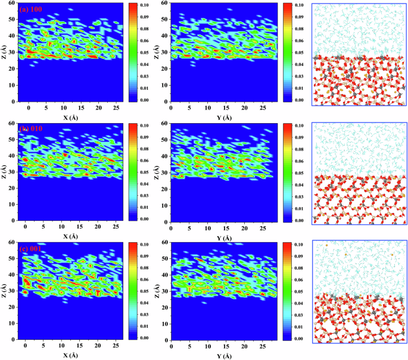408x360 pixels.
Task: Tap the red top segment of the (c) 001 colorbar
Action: [133, 247]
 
